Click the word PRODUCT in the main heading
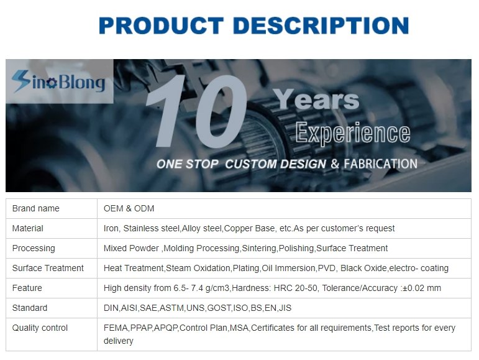click(x=162, y=25)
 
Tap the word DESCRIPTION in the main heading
click(x=321, y=25)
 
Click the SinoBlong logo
click(x=58, y=81)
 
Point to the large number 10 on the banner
click(x=196, y=111)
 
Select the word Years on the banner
click(x=316, y=99)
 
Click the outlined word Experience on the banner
click(x=353, y=132)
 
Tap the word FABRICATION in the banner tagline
click(x=380, y=164)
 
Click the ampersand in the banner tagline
click(x=335, y=164)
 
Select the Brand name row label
click(x=36, y=208)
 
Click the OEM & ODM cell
click(x=129, y=208)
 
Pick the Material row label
click(x=27, y=228)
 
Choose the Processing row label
click(x=34, y=249)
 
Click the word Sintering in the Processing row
click(x=259, y=248)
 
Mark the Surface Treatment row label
click(x=48, y=268)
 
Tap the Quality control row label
click(x=40, y=328)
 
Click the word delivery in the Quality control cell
click(x=118, y=341)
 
